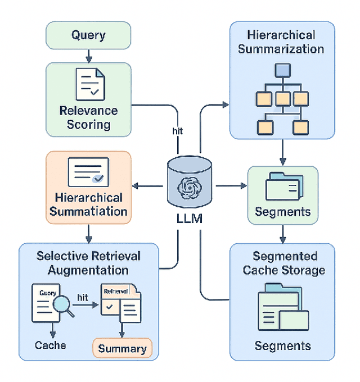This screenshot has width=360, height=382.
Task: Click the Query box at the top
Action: point(88,36)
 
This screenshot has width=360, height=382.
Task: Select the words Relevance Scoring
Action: point(88,117)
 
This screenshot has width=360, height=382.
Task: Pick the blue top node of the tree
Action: point(281,71)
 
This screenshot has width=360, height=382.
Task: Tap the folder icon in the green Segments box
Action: point(284,185)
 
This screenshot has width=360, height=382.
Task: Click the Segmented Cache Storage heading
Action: point(284,263)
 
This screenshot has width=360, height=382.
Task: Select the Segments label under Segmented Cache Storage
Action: point(282,345)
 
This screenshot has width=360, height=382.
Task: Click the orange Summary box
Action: point(122,348)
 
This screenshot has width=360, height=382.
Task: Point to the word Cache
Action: point(50,345)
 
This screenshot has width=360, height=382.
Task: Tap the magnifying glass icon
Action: point(62,306)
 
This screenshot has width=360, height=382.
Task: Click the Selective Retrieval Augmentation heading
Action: point(88,263)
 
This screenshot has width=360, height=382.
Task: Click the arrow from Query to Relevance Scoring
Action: point(88,55)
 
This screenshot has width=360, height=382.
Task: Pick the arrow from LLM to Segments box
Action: point(233,185)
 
